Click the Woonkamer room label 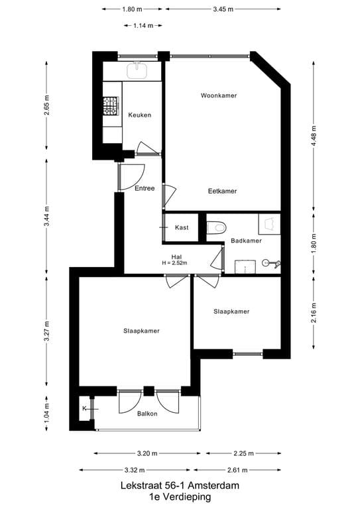(x=219, y=95)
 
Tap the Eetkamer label (x=222, y=191)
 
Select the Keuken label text (x=140, y=115)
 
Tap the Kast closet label (x=182, y=227)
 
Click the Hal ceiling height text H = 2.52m (x=175, y=263)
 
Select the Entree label (x=145, y=188)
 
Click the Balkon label (x=147, y=414)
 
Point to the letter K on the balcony (x=84, y=408)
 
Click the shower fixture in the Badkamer (x=270, y=263)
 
